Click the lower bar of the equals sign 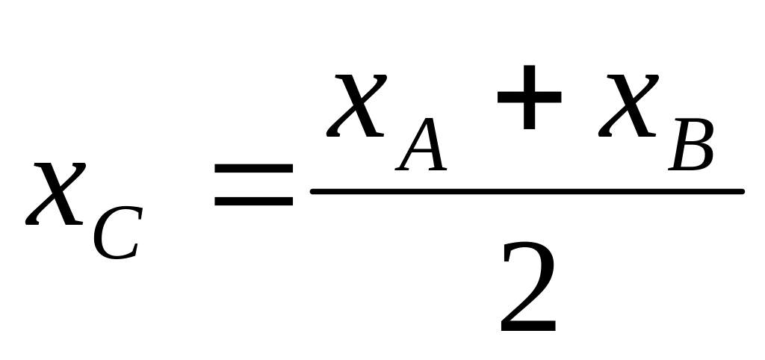coord(253,202)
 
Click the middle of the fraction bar coord(527,191)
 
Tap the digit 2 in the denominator coord(527,288)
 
